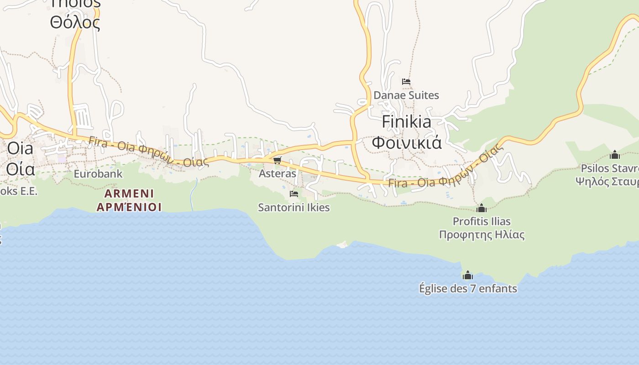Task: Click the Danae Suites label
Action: pyautogui.click(x=406, y=95)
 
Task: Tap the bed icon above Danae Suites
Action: pyautogui.click(x=406, y=82)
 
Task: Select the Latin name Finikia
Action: pyautogui.click(x=406, y=122)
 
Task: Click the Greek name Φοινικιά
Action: pyautogui.click(x=406, y=142)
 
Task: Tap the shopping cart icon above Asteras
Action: pyautogui.click(x=277, y=160)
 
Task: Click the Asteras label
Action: pyautogui.click(x=277, y=174)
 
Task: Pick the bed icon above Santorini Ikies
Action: pyautogui.click(x=294, y=194)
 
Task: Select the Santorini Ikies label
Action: pyautogui.click(x=293, y=208)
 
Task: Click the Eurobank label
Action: pyautogui.click(x=98, y=174)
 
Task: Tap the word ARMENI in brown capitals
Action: pyautogui.click(x=129, y=193)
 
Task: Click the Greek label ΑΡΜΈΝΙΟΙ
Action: pyautogui.click(x=129, y=207)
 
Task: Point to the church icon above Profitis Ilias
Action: pyautogui.click(x=481, y=209)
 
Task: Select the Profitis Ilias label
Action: pyautogui.click(x=482, y=222)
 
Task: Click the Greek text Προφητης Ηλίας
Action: pyautogui.click(x=482, y=235)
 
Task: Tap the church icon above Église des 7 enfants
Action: pyautogui.click(x=467, y=276)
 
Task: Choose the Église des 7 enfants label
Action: pyautogui.click(x=468, y=289)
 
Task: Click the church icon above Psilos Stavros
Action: pyautogui.click(x=615, y=155)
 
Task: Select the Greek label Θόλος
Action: pyautogui.click(x=75, y=23)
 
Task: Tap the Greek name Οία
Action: pyautogui.click(x=21, y=169)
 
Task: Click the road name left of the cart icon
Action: pyautogui.click(x=148, y=151)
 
